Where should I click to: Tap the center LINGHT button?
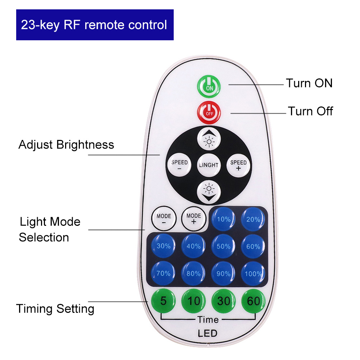[x=209, y=165]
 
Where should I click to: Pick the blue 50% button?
[x=223, y=246]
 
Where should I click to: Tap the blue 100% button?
[x=253, y=274]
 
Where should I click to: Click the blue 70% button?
[x=164, y=274]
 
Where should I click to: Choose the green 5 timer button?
[x=164, y=301]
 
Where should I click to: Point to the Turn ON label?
[x=309, y=83]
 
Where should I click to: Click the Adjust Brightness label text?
[x=66, y=145]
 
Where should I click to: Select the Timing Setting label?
[x=55, y=309]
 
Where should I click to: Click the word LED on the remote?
[x=208, y=333]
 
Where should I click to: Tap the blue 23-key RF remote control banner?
[x=95, y=25]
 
